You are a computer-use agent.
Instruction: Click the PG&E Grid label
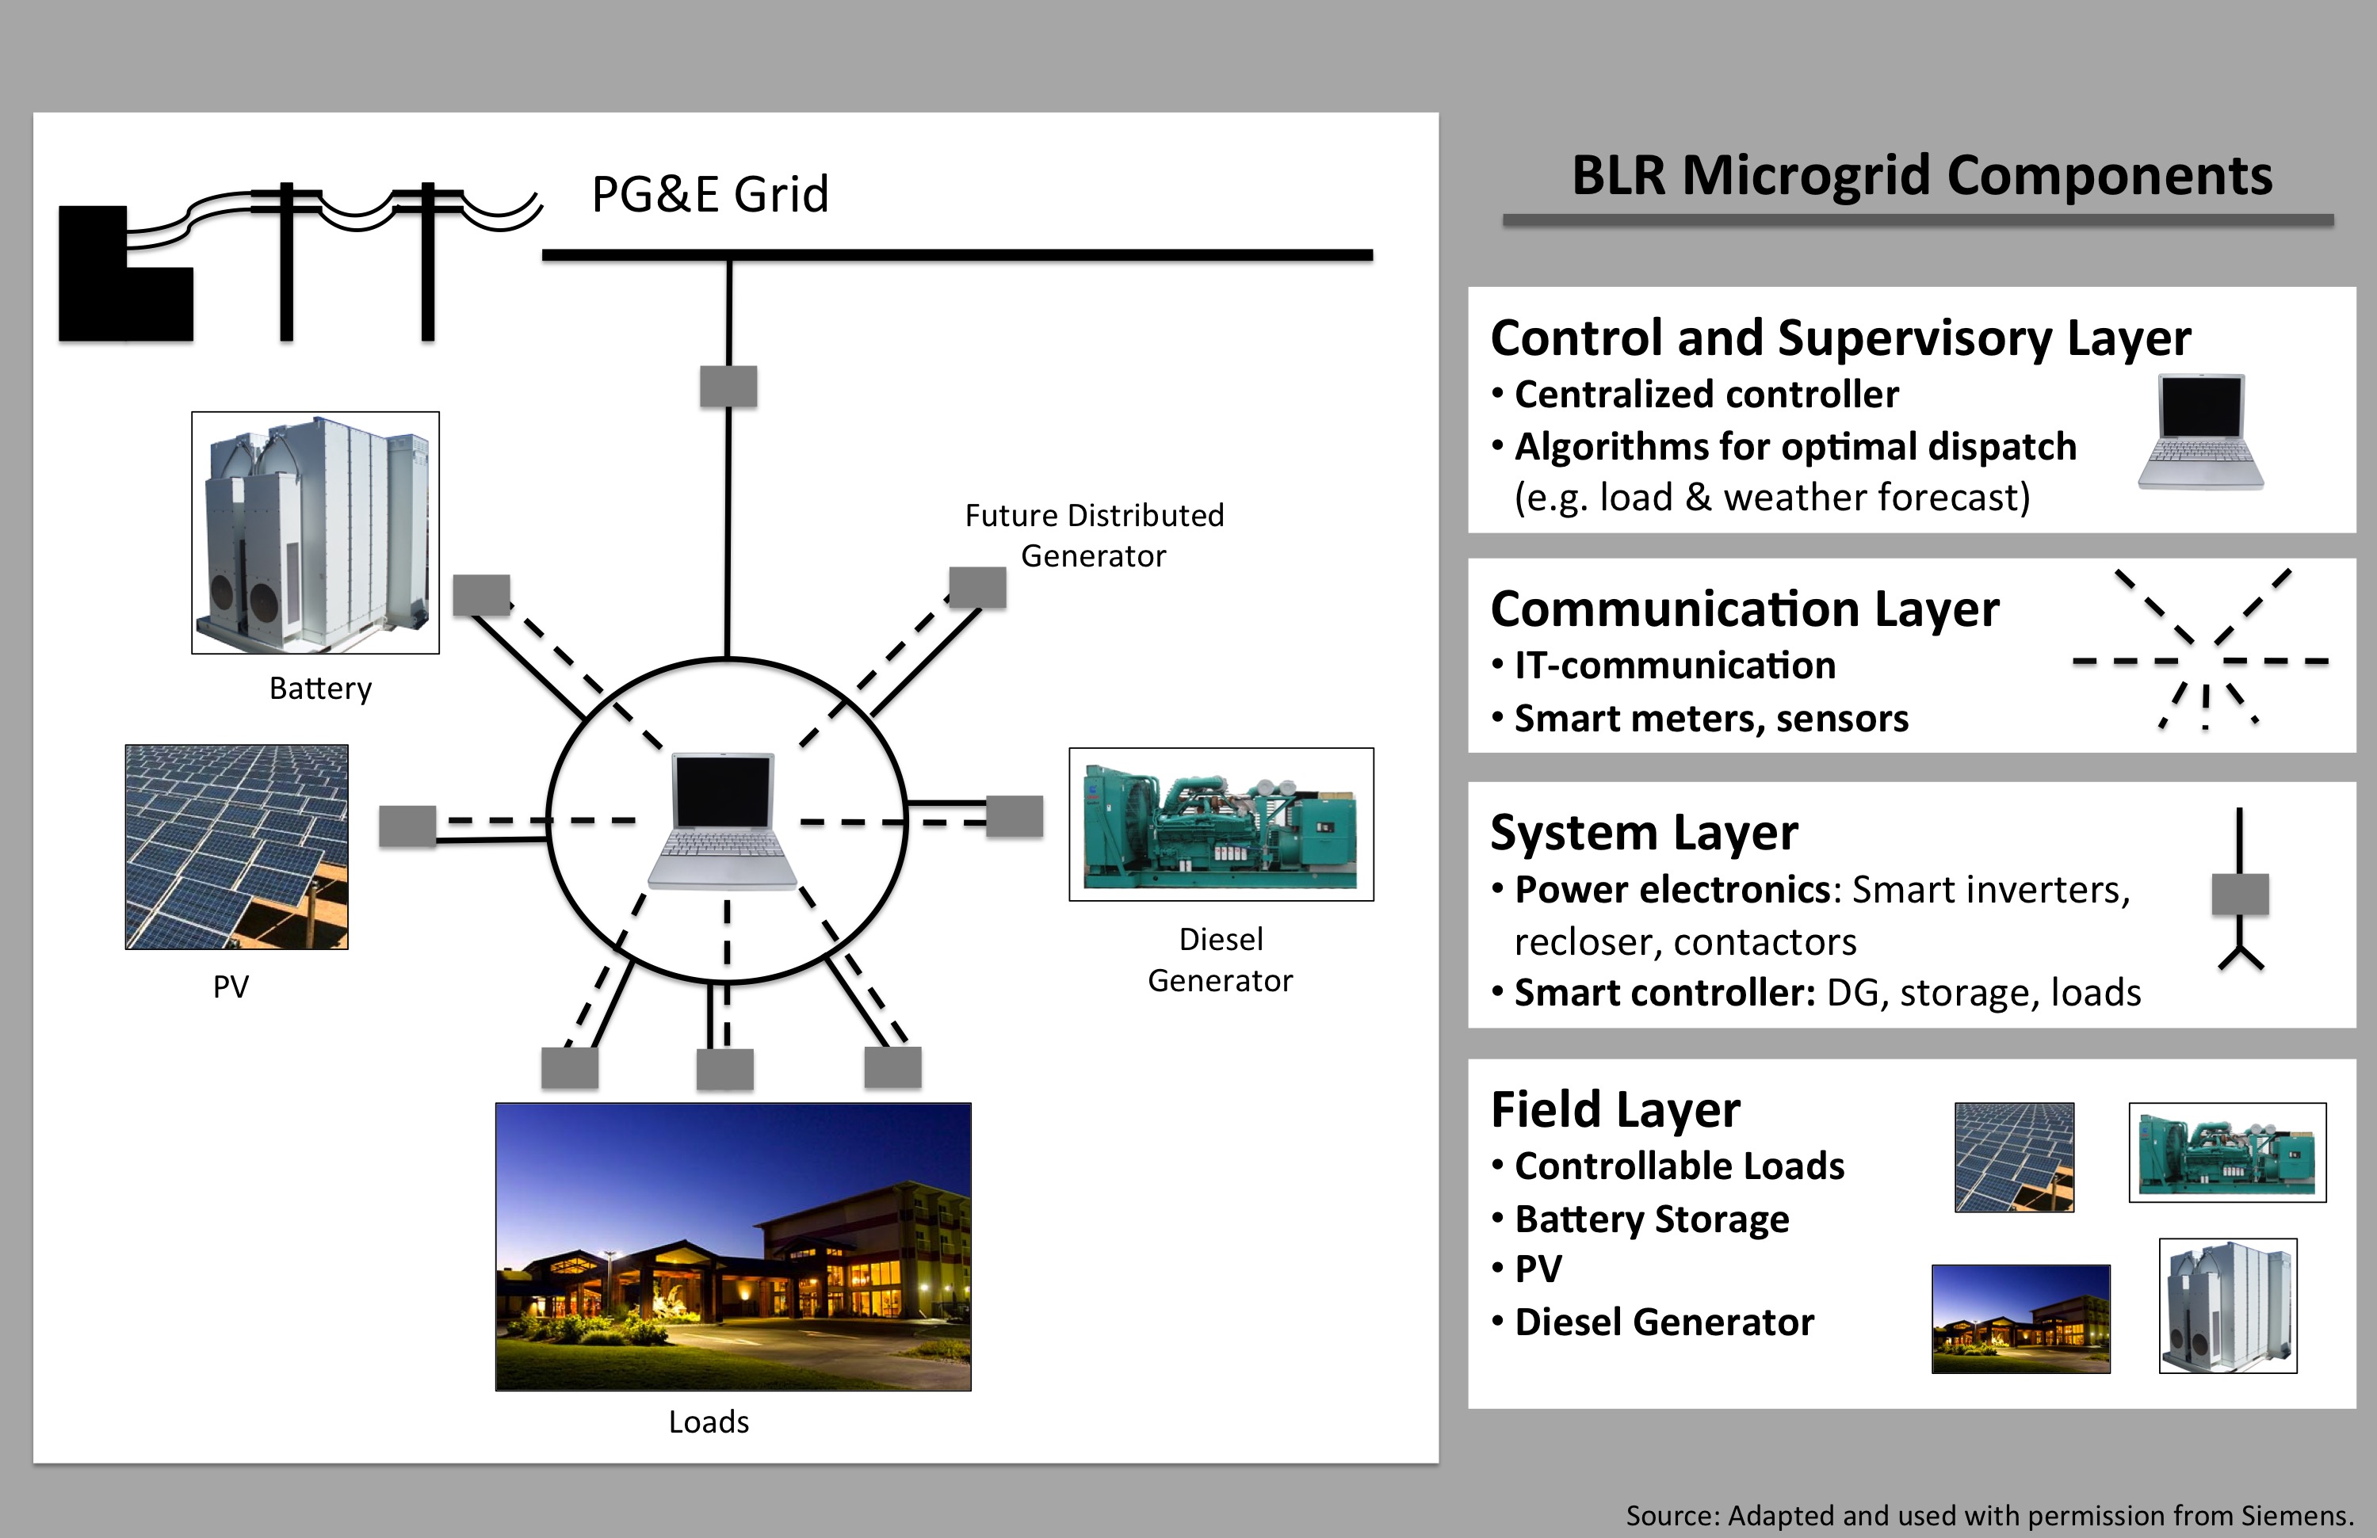(709, 194)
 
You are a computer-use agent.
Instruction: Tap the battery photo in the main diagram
(315, 532)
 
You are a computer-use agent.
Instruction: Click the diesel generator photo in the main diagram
(1221, 824)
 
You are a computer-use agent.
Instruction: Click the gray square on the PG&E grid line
(728, 387)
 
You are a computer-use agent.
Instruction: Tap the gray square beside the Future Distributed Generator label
(976, 587)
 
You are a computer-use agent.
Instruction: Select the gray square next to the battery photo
(481, 595)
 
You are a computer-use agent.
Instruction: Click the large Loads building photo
(733, 1246)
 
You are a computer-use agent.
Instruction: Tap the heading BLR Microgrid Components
(1920, 176)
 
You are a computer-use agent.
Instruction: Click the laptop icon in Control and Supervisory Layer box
(2200, 431)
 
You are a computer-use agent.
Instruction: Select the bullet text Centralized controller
(1706, 395)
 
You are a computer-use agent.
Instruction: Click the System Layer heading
(1644, 832)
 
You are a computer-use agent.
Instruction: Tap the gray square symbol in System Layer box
(2240, 894)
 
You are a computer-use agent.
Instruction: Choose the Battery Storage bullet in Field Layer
(1651, 1219)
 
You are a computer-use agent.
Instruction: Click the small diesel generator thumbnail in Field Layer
(2227, 1151)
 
